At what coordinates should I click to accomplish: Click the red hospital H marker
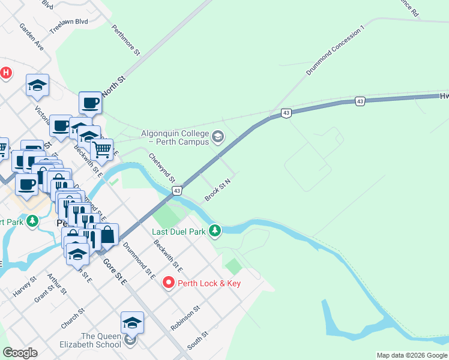point(5,73)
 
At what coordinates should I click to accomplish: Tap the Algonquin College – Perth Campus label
point(175,137)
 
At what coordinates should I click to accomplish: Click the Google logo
point(20,353)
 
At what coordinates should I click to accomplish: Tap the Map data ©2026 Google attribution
point(412,355)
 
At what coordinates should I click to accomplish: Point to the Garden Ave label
point(31,37)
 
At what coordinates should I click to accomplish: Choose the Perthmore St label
point(125,40)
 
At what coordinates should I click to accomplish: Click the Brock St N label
point(217,189)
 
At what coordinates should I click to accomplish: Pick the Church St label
point(73,319)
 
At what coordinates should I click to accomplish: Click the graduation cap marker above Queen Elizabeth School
point(132,323)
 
